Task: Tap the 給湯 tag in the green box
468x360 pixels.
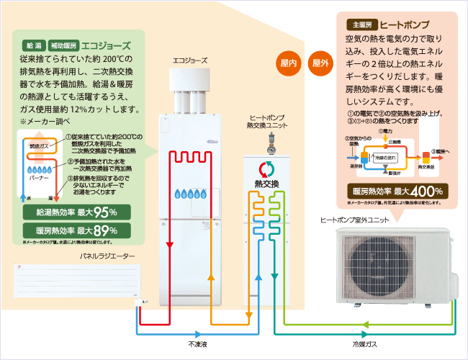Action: click(34, 44)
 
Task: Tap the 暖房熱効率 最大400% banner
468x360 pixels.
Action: click(398, 192)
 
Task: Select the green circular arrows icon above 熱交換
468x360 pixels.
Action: click(266, 171)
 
